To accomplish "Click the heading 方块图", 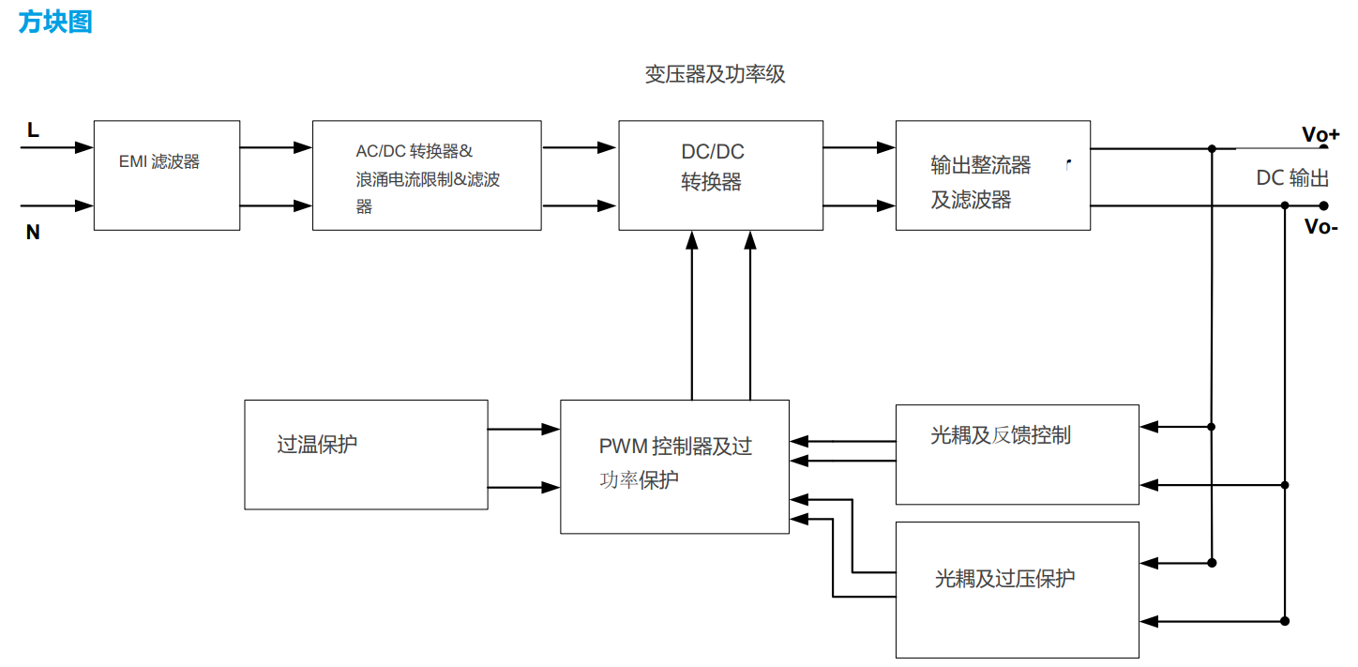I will [55, 22].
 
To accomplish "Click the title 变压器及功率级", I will [715, 74].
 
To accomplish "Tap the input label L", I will [33, 130].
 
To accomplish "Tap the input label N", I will [33, 232].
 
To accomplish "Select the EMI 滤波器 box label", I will [159, 161].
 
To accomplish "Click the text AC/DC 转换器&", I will [414, 151].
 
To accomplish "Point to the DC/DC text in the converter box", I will [712, 152].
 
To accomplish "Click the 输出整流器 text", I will [980, 166].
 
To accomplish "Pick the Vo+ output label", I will [1320, 134].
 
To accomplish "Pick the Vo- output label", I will [1320, 227].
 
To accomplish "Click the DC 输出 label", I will [1292, 178].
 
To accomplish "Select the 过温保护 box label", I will [317, 445].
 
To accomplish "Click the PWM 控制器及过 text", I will [675, 447].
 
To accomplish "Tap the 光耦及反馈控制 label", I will [1000, 435].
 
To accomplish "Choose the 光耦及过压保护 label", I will [1004, 578].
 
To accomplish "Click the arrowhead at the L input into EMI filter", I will [86, 147].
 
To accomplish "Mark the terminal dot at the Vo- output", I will [1324, 205].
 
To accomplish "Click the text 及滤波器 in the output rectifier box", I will [971, 200].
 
